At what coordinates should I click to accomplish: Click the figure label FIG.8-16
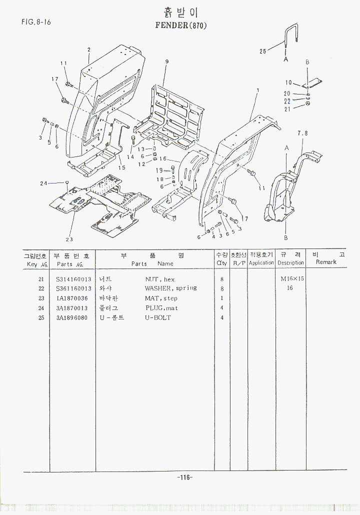click(x=36, y=22)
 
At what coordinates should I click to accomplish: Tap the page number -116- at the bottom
click(x=185, y=477)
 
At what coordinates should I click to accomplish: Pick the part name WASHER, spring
click(x=170, y=288)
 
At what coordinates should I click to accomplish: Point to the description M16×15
click(x=292, y=279)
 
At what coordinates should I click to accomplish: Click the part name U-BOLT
click(x=158, y=318)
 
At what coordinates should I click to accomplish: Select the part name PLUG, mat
click(x=161, y=308)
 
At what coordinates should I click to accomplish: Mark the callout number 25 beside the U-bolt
click(x=263, y=50)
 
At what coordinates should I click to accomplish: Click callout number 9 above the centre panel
click(x=166, y=61)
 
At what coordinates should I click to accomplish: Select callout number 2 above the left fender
click(x=88, y=49)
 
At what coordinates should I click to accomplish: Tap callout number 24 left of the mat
click(x=43, y=183)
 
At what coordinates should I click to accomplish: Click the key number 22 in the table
click(x=41, y=288)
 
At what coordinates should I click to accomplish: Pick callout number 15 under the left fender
click(x=121, y=167)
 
